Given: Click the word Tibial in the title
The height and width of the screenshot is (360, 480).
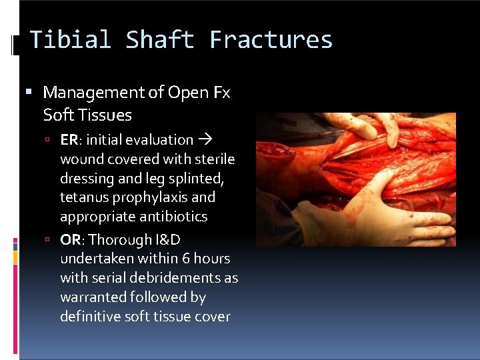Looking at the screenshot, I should click(x=70, y=40).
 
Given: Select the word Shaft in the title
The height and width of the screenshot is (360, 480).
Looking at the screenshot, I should click(x=160, y=40).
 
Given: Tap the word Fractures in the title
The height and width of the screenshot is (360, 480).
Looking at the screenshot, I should click(x=271, y=40).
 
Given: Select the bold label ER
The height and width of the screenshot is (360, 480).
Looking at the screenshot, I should click(x=69, y=140).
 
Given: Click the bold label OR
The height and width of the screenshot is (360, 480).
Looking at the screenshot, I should click(x=71, y=239).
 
